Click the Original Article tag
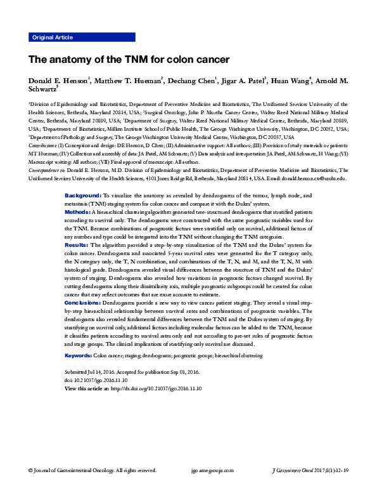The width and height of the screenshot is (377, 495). click(52, 38)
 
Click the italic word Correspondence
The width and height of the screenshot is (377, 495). click(43, 171)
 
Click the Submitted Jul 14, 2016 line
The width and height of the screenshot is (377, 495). click(132, 372)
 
